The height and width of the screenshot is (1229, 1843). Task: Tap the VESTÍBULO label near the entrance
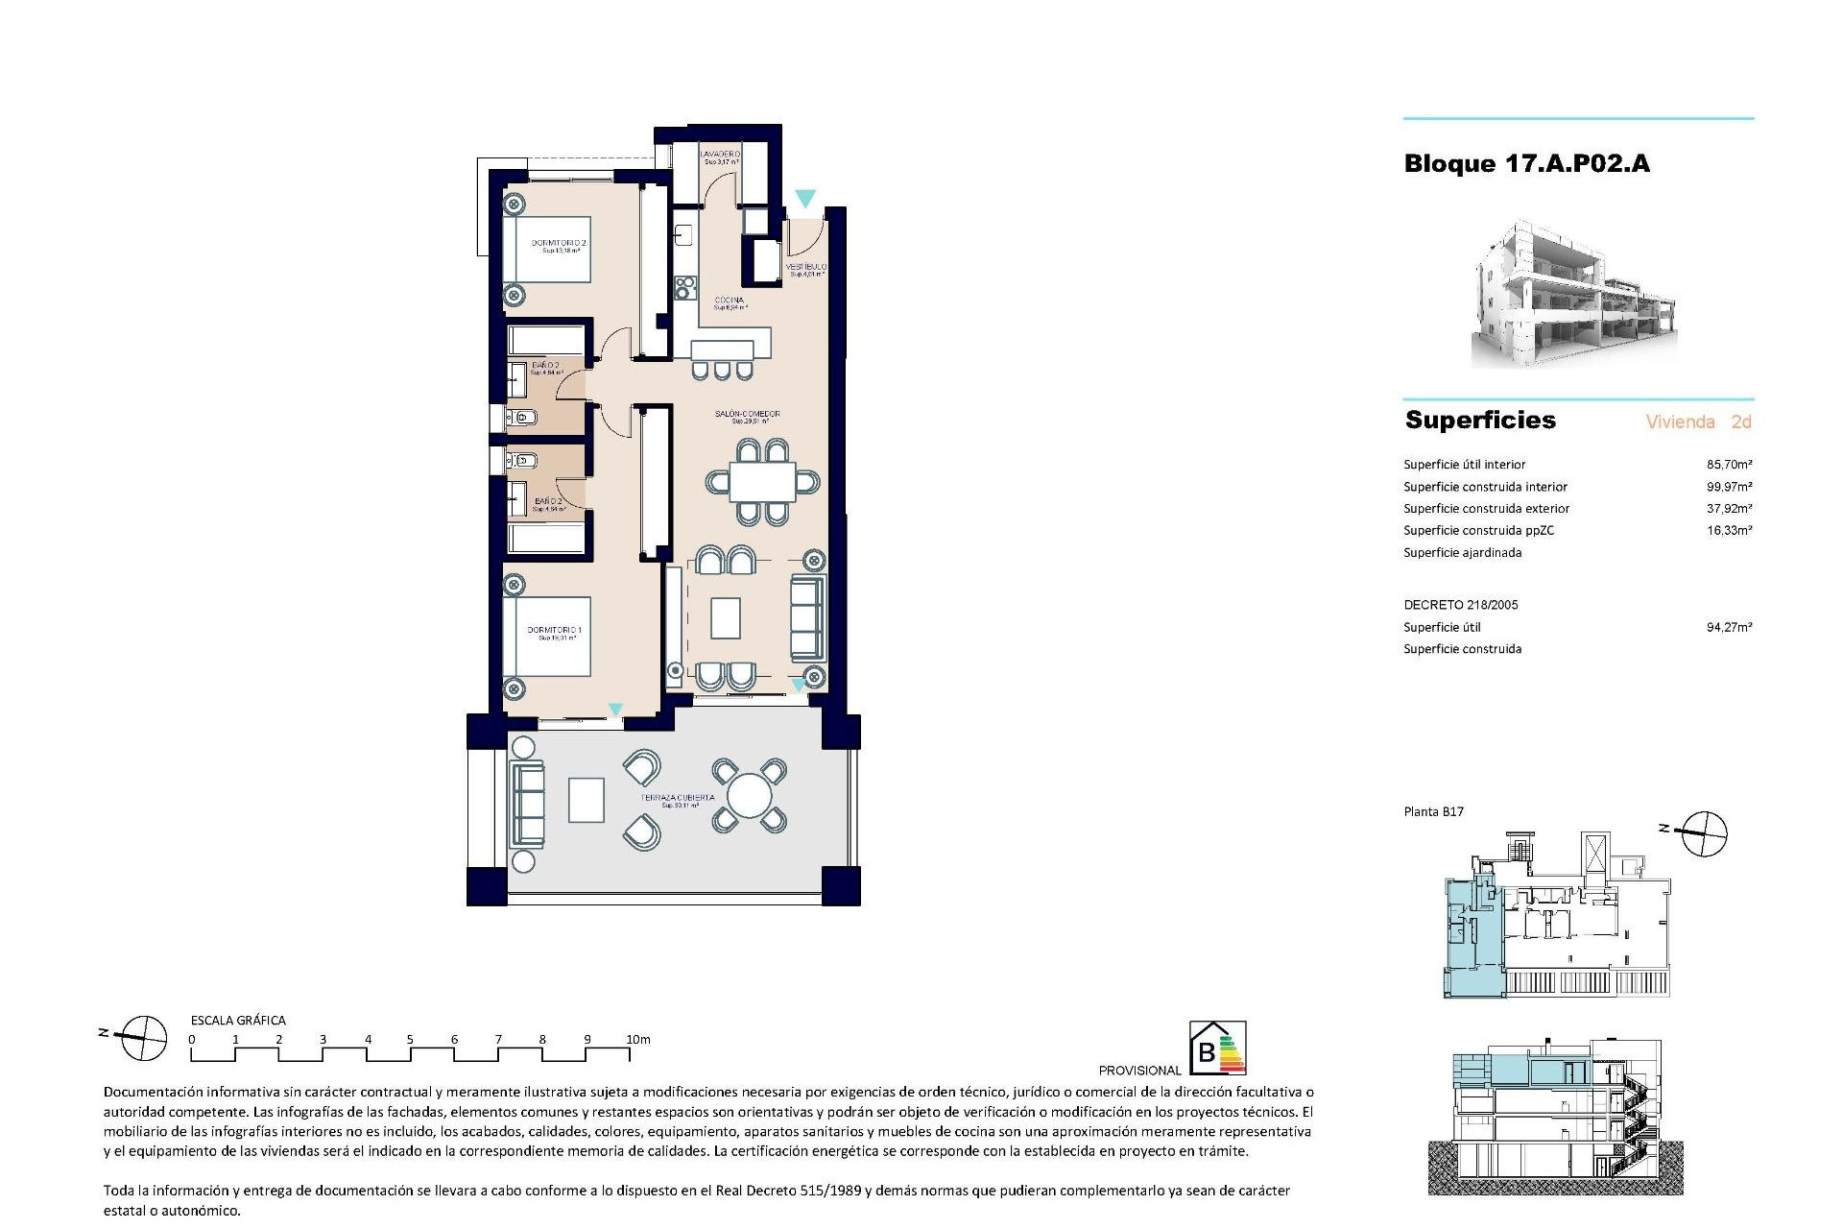click(x=806, y=268)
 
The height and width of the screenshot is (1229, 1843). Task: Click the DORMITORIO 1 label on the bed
click(x=555, y=632)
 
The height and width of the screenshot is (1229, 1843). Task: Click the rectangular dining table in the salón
click(x=762, y=482)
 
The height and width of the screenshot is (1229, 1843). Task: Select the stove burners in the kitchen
click(x=685, y=286)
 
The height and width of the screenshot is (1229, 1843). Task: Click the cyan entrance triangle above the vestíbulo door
click(x=804, y=198)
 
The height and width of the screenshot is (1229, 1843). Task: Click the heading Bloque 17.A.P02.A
click(x=1526, y=164)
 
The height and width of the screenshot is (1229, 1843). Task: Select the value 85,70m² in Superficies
click(x=1729, y=465)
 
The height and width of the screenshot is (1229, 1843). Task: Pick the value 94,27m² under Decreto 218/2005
click(x=1729, y=628)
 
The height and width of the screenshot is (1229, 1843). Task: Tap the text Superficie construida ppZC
click(x=1478, y=531)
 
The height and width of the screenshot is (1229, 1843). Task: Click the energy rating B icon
click(x=1217, y=1048)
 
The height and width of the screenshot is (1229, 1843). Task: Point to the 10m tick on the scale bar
click(x=630, y=1054)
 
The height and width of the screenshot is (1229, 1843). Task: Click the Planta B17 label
click(x=1433, y=812)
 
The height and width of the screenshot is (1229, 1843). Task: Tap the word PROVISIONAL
click(x=1139, y=1071)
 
